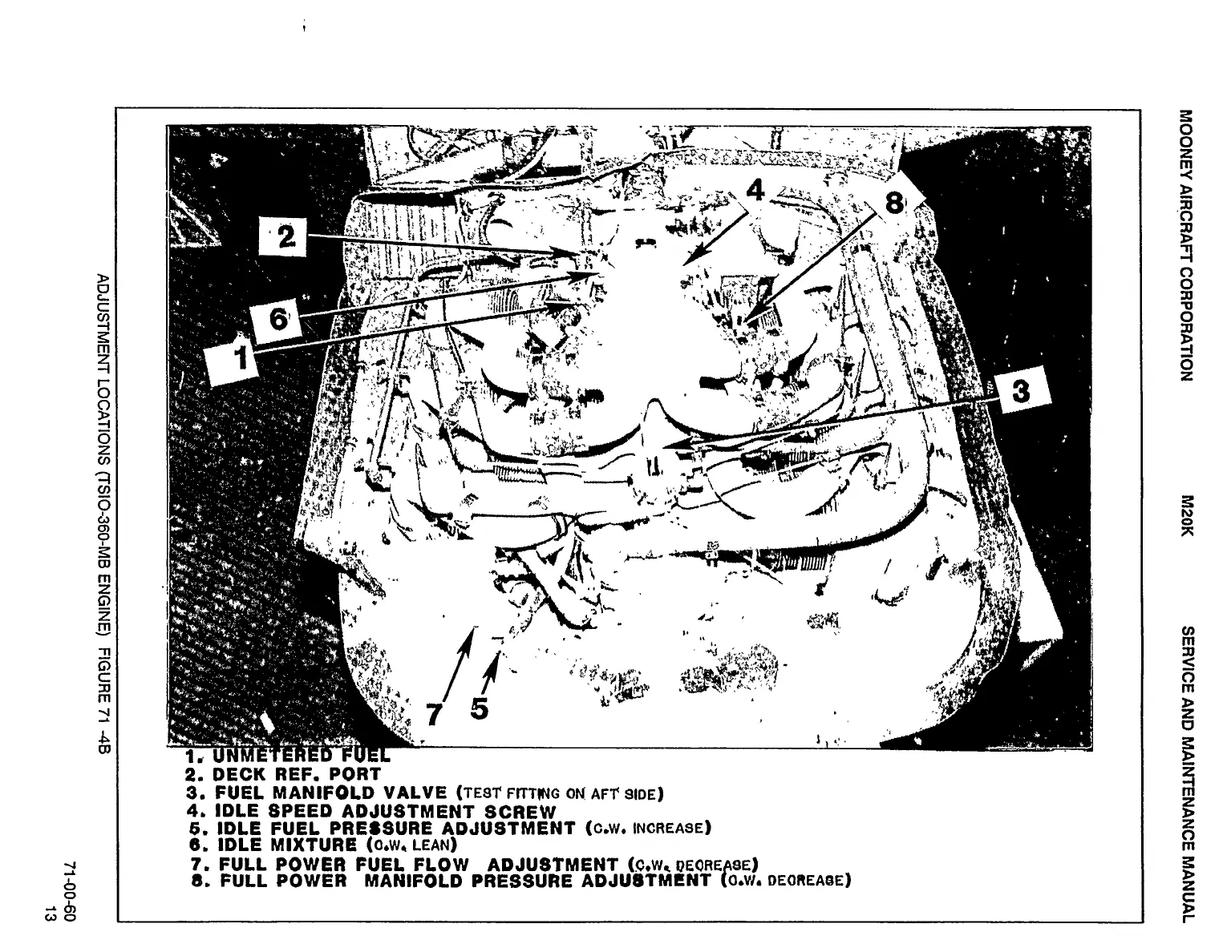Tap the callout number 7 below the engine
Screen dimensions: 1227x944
coord(434,712)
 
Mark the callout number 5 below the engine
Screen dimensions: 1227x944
coord(479,708)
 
